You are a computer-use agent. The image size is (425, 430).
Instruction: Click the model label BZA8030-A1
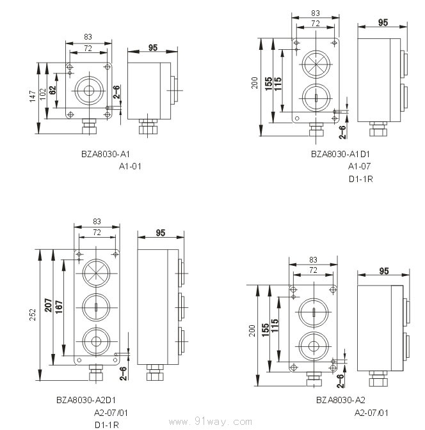pos(105,154)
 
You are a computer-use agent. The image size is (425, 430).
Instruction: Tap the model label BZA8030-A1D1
pos(340,154)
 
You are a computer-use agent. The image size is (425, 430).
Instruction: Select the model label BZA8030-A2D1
pos(86,400)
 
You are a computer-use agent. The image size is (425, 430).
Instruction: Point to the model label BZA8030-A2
pos(341,400)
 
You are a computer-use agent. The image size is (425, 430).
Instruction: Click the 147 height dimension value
pos(33,96)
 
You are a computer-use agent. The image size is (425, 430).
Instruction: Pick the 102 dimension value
pos(43,94)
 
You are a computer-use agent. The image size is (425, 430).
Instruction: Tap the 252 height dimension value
pos(33,314)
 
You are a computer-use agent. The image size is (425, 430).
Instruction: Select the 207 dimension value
pos(49,305)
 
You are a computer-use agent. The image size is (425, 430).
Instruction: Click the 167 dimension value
pos(59,307)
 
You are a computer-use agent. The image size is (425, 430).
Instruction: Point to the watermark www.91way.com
pos(211,422)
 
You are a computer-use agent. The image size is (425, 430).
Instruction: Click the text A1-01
pos(130,167)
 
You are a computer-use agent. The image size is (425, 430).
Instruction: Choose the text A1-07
pos(359,166)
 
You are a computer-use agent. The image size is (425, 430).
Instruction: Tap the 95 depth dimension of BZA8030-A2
pos(384,271)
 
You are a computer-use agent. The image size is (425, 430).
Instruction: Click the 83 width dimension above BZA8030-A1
pos(88,37)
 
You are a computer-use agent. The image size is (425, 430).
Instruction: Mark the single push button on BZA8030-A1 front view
pos(89,91)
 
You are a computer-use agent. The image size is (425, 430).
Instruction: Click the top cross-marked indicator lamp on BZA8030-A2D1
pos(96,273)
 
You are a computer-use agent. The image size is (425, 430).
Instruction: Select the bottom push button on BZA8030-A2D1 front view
pos(96,341)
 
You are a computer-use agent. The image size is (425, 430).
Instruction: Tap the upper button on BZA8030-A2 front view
pos(314,312)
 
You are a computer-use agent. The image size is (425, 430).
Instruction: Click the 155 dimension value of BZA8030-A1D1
pos(268,84)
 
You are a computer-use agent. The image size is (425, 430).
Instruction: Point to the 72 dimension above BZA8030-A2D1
pos(97,233)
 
